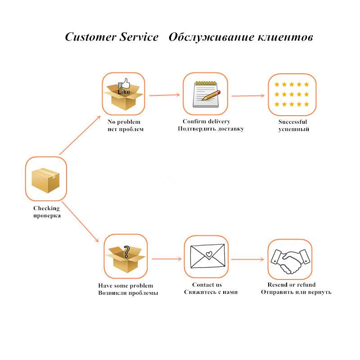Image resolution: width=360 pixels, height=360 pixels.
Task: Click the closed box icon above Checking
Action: click(x=45, y=179)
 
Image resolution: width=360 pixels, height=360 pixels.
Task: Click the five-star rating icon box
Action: click(x=292, y=94)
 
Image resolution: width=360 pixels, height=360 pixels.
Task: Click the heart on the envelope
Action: click(x=208, y=254)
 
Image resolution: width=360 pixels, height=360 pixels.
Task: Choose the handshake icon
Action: click(x=290, y=260)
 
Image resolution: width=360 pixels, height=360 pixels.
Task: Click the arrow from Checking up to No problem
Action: click(x=80, y=135)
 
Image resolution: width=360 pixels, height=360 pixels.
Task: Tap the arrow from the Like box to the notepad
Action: click(x=164, y=95)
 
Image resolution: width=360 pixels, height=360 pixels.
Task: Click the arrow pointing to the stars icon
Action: click(x=247, y=95)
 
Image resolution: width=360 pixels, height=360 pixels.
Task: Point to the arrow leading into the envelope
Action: click(x=166, y=259)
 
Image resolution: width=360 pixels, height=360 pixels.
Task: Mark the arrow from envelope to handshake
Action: click(x=247, y=259)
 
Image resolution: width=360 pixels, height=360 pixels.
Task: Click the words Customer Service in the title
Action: click(x=112, y=37)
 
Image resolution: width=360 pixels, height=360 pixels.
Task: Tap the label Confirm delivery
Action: click(x=206, y=121)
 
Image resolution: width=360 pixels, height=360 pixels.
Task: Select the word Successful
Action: click(x=292, y=122)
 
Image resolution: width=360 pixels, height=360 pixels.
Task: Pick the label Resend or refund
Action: click(x=292, y=284)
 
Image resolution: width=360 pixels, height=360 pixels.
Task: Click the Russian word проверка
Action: click(x=47, y=216)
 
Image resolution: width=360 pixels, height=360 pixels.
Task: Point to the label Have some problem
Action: click(x=126, y=286)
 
